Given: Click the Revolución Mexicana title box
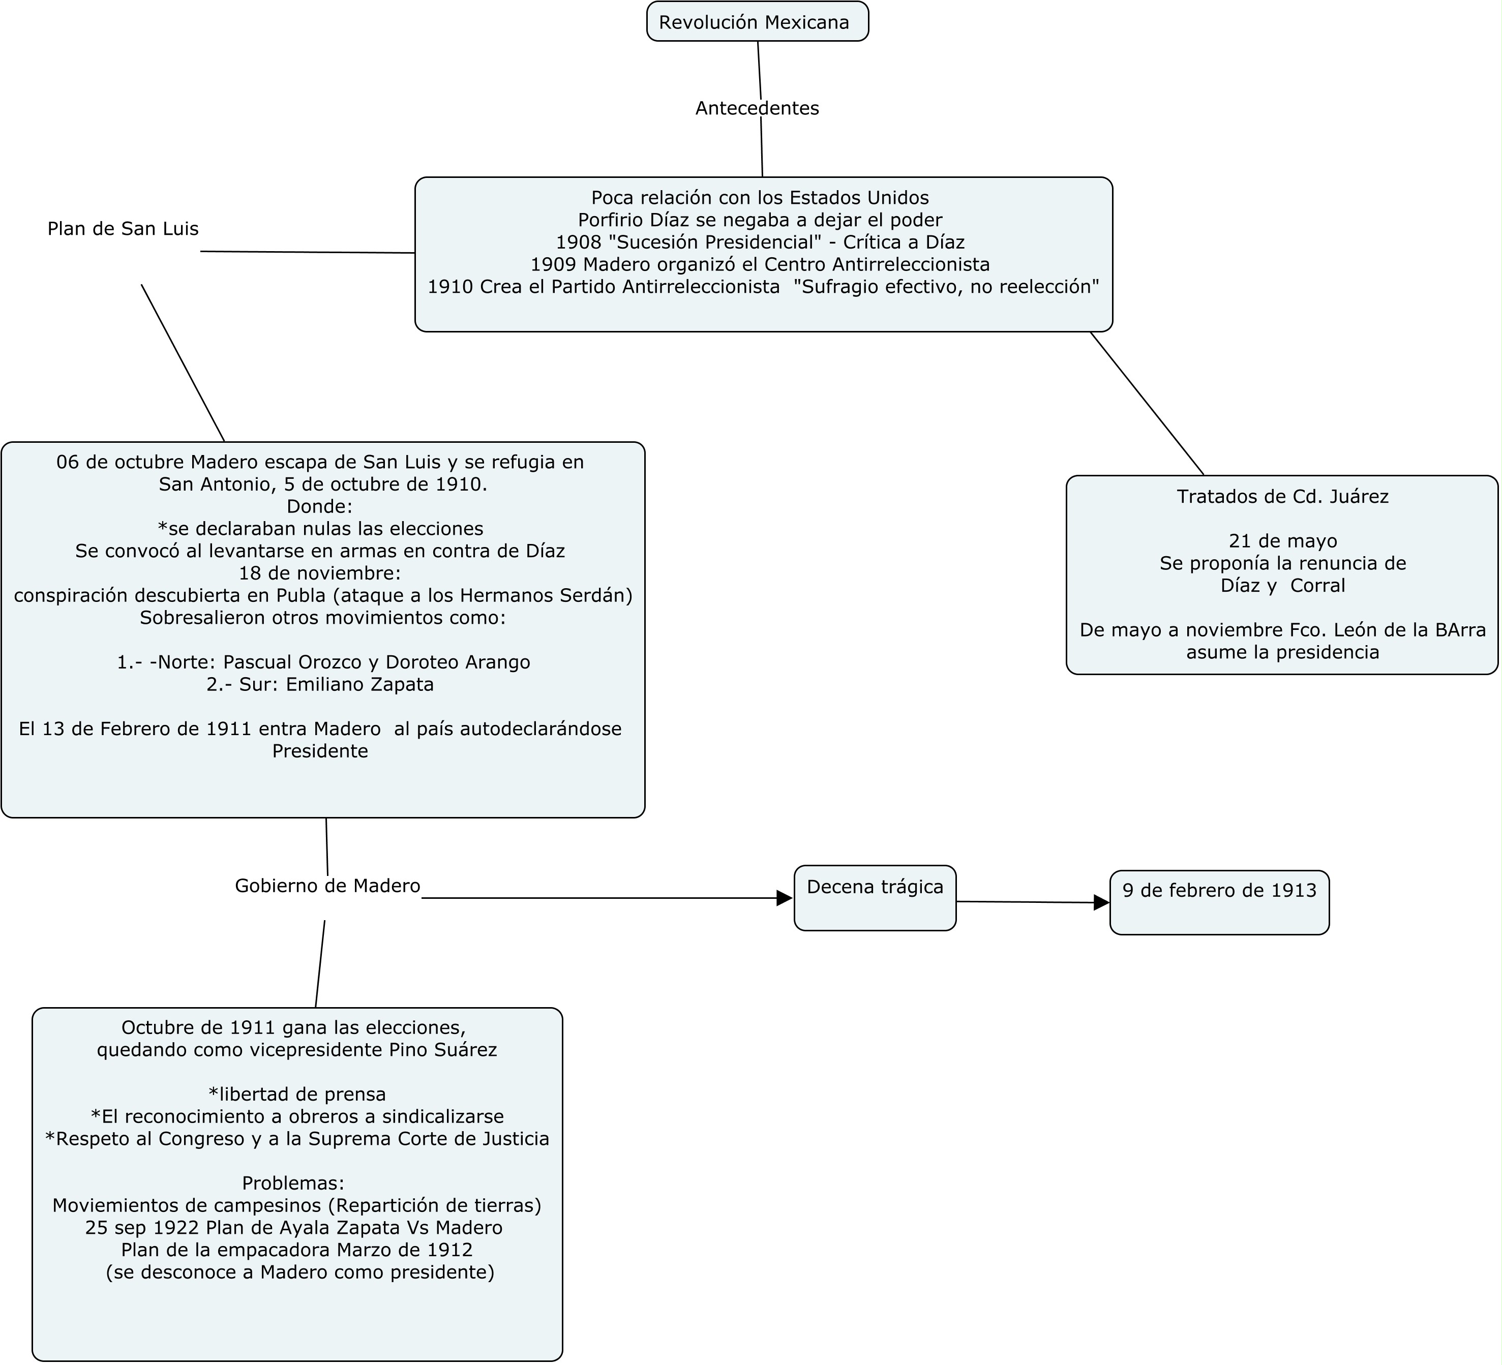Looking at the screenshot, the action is coord(758,22).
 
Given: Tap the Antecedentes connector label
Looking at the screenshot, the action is coord(757,109).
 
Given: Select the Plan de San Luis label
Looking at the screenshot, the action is coord(123,229).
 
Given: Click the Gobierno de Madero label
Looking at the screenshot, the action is coord(328,886).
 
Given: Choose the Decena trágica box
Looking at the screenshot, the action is coord(875,898).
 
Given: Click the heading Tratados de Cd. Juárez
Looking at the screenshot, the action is coord(1283,497).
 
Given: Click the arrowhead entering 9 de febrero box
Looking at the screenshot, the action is coord(1101,902).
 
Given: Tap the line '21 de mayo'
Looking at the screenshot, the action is coord(1283,541).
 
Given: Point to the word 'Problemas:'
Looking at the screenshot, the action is coord(293,1183).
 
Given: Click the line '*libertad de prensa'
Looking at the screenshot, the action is coord(297,1094).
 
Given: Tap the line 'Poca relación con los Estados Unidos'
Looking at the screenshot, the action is coord(760,197).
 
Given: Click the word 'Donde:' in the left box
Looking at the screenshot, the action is coord(320,507).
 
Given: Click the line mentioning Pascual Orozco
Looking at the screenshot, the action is coord(324,662).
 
